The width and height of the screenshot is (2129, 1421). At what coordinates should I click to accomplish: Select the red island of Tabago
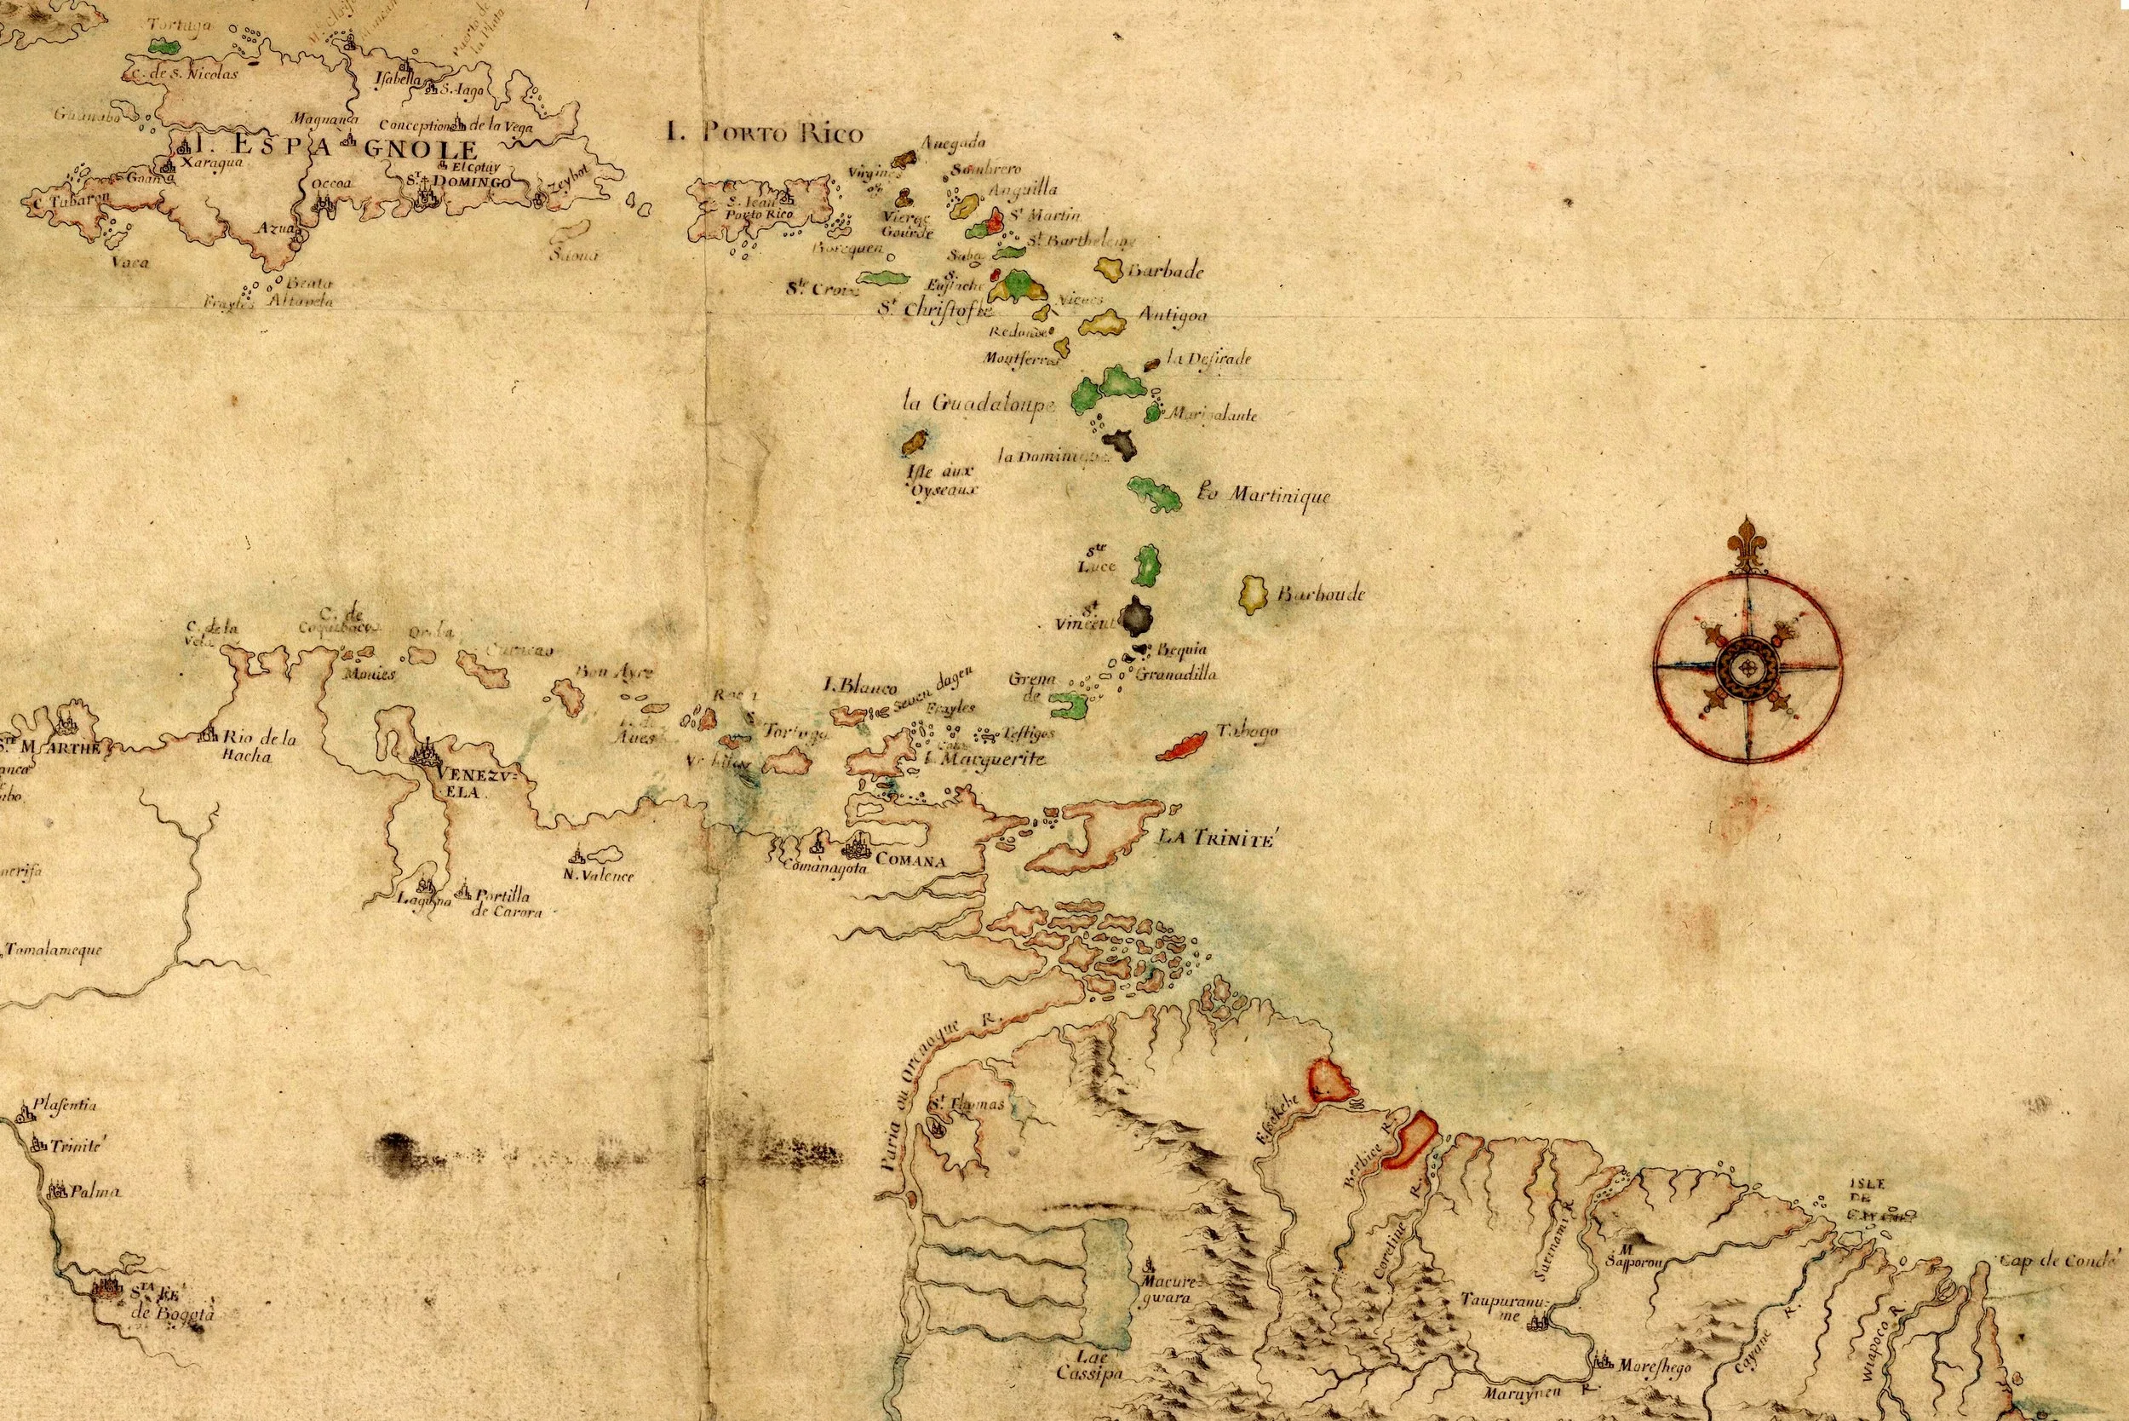(1182, 745)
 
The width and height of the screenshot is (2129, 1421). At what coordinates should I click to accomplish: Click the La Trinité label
(1217, 839)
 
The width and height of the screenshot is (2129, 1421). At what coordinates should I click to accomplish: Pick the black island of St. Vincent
(1135, 619)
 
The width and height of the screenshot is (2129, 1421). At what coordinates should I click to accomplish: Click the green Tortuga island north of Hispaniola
(162, 43)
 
